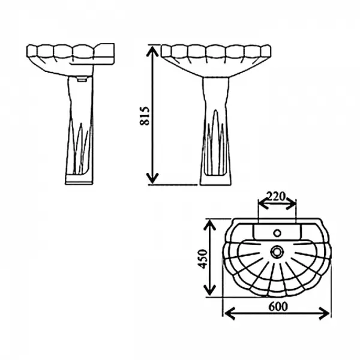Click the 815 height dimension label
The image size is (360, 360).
pos(145,116)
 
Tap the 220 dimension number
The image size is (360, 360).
pos(276,196)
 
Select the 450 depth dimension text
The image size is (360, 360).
pos(203,259)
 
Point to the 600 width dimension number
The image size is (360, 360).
pos(278,306)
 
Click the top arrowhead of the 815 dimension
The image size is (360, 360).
pos(152,50)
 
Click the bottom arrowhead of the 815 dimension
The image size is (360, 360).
pos(152,179)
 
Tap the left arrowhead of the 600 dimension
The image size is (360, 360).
pos(230,313)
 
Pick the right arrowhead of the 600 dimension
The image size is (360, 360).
pos(324,313)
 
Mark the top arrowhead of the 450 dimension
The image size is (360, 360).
pos(209,225)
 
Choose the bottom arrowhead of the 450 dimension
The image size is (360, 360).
pos(209,290)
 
